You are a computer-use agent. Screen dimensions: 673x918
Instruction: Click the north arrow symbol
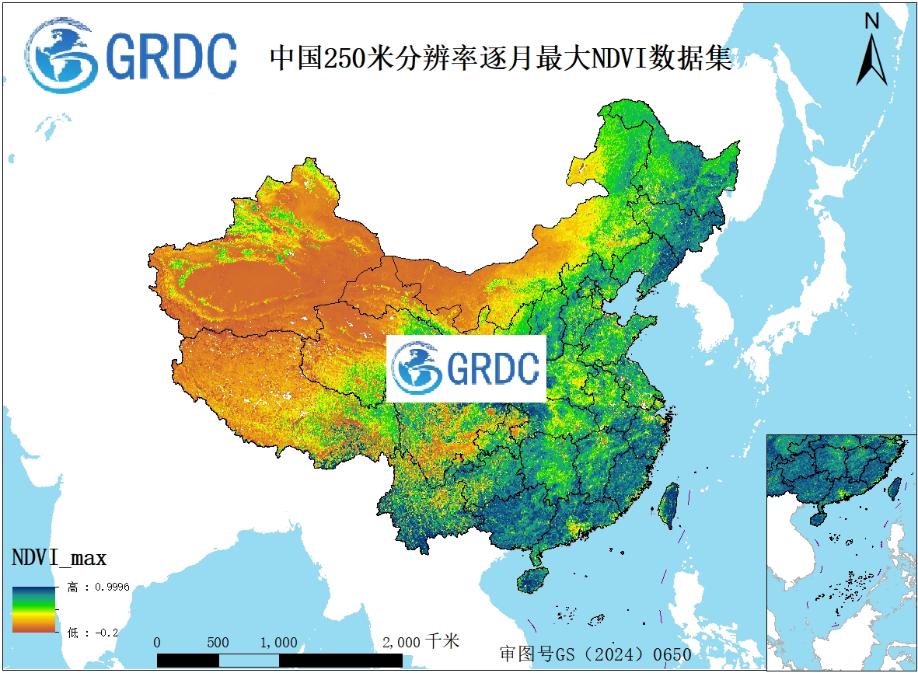pos(872,61)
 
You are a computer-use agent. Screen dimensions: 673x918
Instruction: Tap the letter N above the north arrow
pos(872,22)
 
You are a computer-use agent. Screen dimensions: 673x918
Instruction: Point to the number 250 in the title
pos(339,58)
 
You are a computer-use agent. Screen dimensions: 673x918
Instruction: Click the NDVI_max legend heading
pos(59,557)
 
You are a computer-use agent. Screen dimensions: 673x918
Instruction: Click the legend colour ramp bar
pos(33,608)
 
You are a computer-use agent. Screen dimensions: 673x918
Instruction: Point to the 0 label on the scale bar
pos(158,643)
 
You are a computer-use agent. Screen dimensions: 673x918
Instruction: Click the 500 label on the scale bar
pos(218,643)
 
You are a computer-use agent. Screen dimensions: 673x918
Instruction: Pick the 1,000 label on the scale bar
pos(279,643)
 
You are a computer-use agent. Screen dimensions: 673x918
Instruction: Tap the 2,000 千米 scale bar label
pos(421,642)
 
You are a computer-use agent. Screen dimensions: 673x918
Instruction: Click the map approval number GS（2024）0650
pos(595,654)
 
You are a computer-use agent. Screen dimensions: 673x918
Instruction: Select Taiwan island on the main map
pos(668,504)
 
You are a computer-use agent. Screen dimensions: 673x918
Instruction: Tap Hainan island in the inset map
pos(816,516)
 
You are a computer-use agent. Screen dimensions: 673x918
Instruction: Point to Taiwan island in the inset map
pos(895,488)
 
